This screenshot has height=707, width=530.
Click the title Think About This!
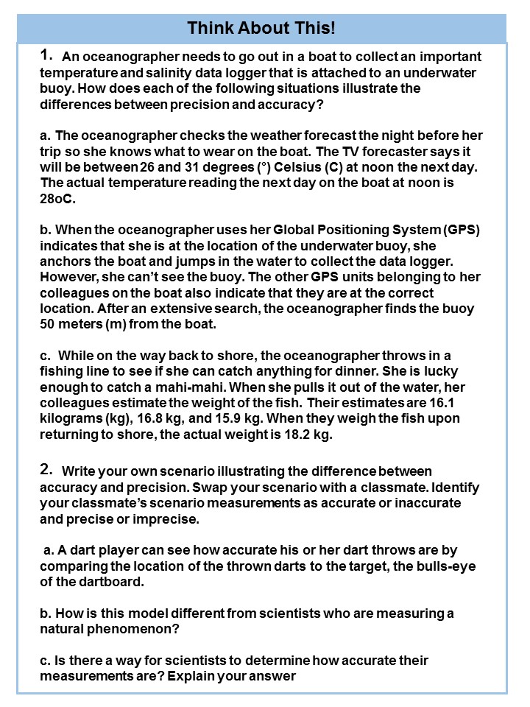(x=261, y=29)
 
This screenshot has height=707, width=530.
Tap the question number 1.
(x=48, y=54)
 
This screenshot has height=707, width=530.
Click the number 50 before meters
(x=49, y=325)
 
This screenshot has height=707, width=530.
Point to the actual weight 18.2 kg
(x=303, y=435)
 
